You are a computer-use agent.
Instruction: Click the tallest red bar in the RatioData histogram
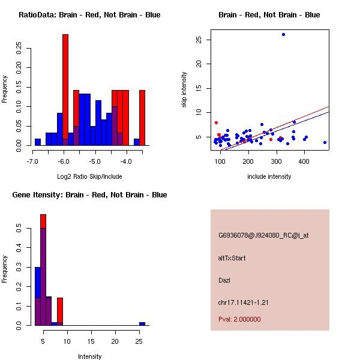65,90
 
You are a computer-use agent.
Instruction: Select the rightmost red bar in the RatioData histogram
142,118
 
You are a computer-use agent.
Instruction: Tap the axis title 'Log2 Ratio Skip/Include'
89,176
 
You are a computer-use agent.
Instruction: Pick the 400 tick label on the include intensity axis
304,161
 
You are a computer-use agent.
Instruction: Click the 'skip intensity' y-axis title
185,90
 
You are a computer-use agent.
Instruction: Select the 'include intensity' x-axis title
269,176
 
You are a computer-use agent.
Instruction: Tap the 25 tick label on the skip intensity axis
198,40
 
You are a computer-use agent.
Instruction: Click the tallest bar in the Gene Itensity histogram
43,269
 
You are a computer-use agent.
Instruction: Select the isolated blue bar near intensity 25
142,323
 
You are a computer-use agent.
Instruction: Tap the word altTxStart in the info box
232,258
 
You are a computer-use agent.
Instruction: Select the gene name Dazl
224,280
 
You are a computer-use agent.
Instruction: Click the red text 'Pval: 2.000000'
239,319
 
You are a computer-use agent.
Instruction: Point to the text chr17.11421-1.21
243,302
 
